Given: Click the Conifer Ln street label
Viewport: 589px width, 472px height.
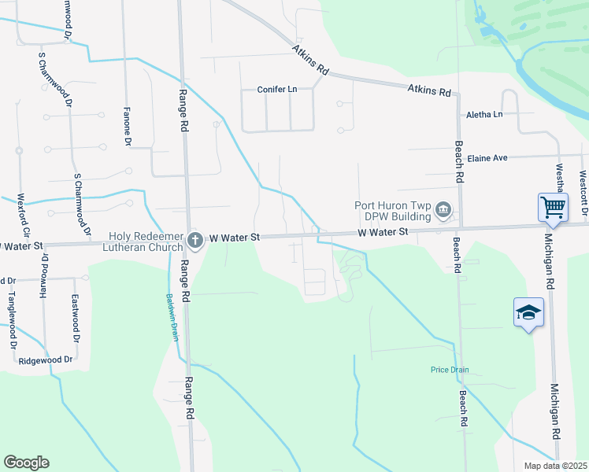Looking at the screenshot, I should [x=277, y=90].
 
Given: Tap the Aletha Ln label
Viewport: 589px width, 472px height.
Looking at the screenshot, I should [x=484, y=115].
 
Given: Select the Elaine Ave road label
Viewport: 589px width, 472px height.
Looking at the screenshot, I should [x=487, y=158].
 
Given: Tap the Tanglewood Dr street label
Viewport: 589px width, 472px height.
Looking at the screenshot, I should [x=12, y=318].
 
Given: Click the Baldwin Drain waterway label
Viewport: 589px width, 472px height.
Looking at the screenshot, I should [x=170, y=316].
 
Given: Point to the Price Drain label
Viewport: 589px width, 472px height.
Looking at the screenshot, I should [x=450, y=370].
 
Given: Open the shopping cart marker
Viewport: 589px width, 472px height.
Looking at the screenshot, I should [x=554, y=208].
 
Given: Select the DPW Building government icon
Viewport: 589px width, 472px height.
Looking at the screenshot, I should [x=443, y=209].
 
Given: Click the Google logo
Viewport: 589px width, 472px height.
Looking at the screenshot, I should [x=26, y=463].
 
